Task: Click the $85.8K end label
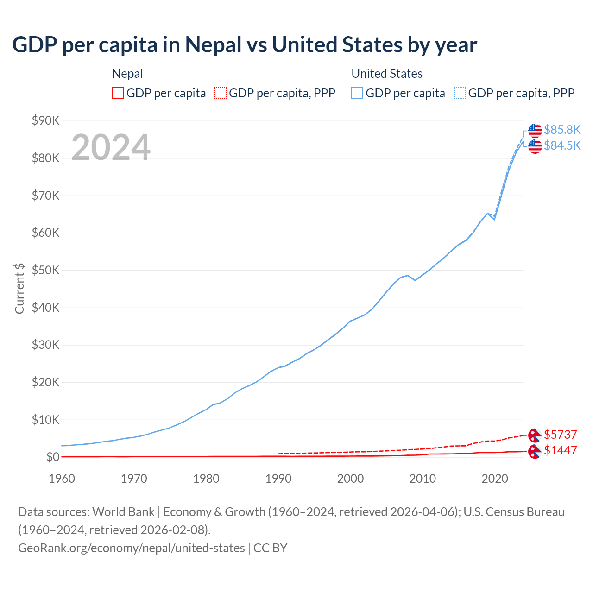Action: (x=562, y=130)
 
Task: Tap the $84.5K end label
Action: (x=562, y=145)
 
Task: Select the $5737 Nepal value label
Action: (x=560, y=435)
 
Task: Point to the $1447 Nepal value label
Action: (x=560, y=450)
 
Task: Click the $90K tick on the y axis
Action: (x=45, y=121)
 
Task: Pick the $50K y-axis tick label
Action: (x=45, y=271)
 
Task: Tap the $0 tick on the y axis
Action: (x=53, y=457)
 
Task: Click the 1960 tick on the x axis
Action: (x=62, y=479)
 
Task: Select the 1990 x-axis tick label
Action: (x=278, y=479)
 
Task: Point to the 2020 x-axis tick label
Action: (x=495, y=479)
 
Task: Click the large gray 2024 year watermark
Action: (x=111, y=147)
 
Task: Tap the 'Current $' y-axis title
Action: (x=19, y=288)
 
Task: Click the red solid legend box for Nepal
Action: (x=118, y=93)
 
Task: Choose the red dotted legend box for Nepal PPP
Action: (x=221, y=93)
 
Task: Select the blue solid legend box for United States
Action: (x=357, y=93)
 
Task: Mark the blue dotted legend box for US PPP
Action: (x=460, y=93)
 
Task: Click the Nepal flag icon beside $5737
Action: (x=535, y=435)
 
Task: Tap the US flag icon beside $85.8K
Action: (x=535, y=131)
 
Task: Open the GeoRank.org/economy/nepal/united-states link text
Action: (x=132, y=548)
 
